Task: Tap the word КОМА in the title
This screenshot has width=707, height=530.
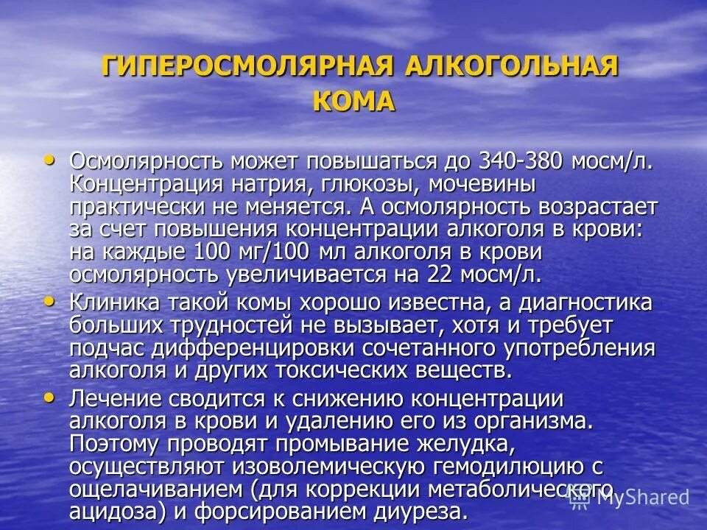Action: [353, 101]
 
